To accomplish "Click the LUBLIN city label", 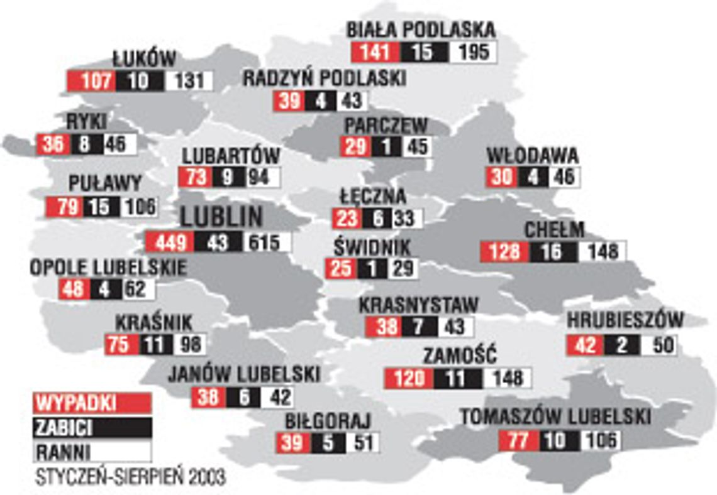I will [x=221, y=217].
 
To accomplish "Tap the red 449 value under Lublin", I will [x=169, y=242].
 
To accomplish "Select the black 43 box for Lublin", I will [x=218, y=242].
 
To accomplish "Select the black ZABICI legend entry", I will [x=92, y=428].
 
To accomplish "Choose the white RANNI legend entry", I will [x=92, y=452].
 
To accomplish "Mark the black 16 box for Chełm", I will [x=553, y=251].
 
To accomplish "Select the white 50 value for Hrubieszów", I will [x=659, y=345].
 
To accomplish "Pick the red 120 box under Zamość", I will [x=409, y=378].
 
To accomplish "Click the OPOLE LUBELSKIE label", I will [x=108, y=268].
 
